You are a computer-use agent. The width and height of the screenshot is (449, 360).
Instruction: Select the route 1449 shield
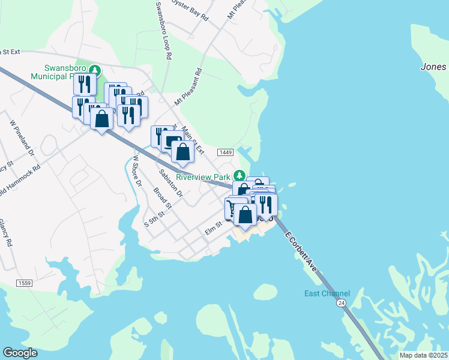[226, 153]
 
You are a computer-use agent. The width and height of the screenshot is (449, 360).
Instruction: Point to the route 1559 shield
[25, 283]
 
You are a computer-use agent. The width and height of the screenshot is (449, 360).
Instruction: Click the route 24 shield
[341, 305]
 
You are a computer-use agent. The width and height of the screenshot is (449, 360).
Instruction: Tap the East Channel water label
[327, 293]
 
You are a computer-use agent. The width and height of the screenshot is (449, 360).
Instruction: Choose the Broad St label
[163, 199]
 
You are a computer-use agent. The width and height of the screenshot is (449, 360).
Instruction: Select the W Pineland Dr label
[22, 137]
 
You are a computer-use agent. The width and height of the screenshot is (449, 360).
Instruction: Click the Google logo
[20, 353]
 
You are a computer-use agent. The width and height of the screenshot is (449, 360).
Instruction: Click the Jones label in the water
[433, 67]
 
